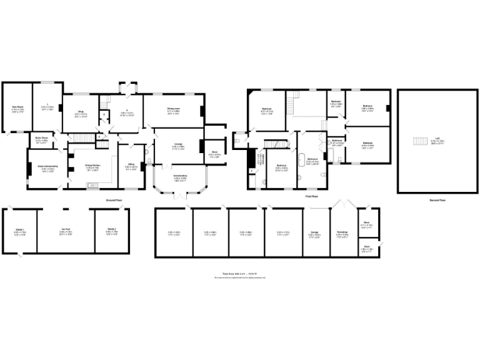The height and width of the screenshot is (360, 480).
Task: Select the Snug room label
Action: pyautogui.click(x=81, y=114)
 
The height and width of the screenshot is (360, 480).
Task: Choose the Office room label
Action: pyautogui.click(x=131, y=167)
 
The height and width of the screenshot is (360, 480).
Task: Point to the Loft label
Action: pyautogui.click(x=437, y=140)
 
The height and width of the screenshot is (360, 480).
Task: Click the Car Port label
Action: pyautogui.click(x=66, y=230)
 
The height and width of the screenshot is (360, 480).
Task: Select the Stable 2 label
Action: pyautogui.click(x=111, y=230)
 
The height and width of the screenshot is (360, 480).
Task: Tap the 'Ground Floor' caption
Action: pyautogui.click(x=113, y=199)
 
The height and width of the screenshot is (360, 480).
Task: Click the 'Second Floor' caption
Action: pyautogui.click(x=437, y=199)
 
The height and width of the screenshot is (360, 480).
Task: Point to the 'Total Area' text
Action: pyautogui.click(x=239, y=274)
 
